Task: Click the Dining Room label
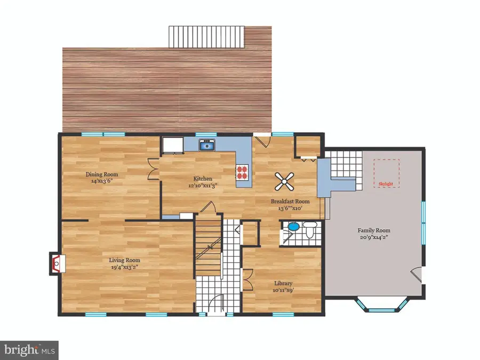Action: point(102,174)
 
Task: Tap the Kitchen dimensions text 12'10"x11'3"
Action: point(203,185)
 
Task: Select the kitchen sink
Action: point(207,145)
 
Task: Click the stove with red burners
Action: point(242,172)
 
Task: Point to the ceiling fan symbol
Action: point(284,181)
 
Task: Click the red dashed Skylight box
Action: point(386,173)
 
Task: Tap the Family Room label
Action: point(374,230)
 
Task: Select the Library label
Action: point(283,283)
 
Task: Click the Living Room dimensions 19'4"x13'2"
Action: point(125,267)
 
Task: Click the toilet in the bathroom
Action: point(310,230)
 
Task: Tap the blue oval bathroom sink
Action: point(293,227)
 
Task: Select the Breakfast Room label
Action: point(290,202)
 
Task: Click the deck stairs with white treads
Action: point(206,37)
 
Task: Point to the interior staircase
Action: point(208,245)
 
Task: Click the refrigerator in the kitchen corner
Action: point(173,145)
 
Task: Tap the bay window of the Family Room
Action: point(382,305)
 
